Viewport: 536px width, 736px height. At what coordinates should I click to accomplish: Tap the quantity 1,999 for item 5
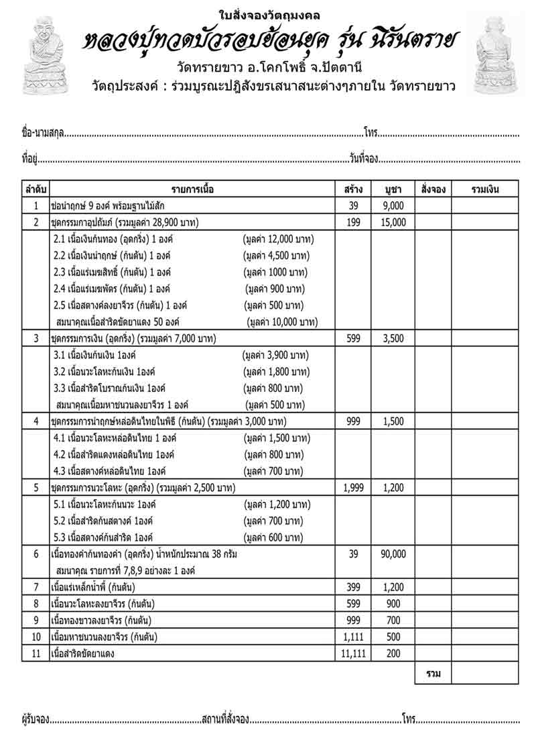[x=353, y=488]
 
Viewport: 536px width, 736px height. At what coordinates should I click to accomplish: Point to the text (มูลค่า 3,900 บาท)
[x=276, y=355]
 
